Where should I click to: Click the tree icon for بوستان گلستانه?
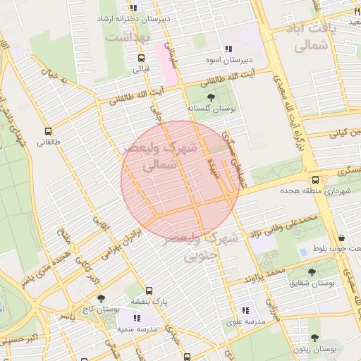[x=213, y=97]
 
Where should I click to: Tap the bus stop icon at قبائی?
[x=141, y=59]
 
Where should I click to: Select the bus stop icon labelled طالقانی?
[x=48, y=131]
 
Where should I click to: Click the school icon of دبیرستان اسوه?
[x=228, y=49]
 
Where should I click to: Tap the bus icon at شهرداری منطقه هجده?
[x=315, y=180]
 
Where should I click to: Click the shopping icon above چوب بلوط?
[x=341, y=238]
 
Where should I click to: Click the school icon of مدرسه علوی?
[x=245, y=310]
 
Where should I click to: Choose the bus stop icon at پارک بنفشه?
[x=149, y=290]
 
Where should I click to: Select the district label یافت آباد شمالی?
[x=314, y=37]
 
